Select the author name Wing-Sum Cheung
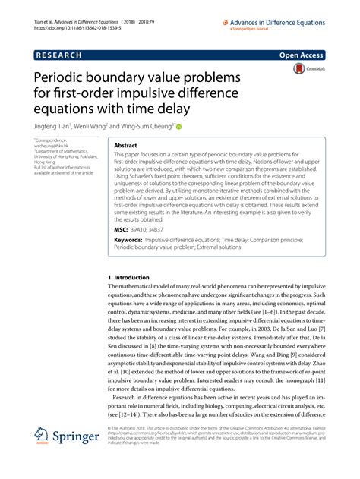151,128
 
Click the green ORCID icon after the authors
180,128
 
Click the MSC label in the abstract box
120,228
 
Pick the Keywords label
130,240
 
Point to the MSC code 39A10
142,228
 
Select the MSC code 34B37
165,228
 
